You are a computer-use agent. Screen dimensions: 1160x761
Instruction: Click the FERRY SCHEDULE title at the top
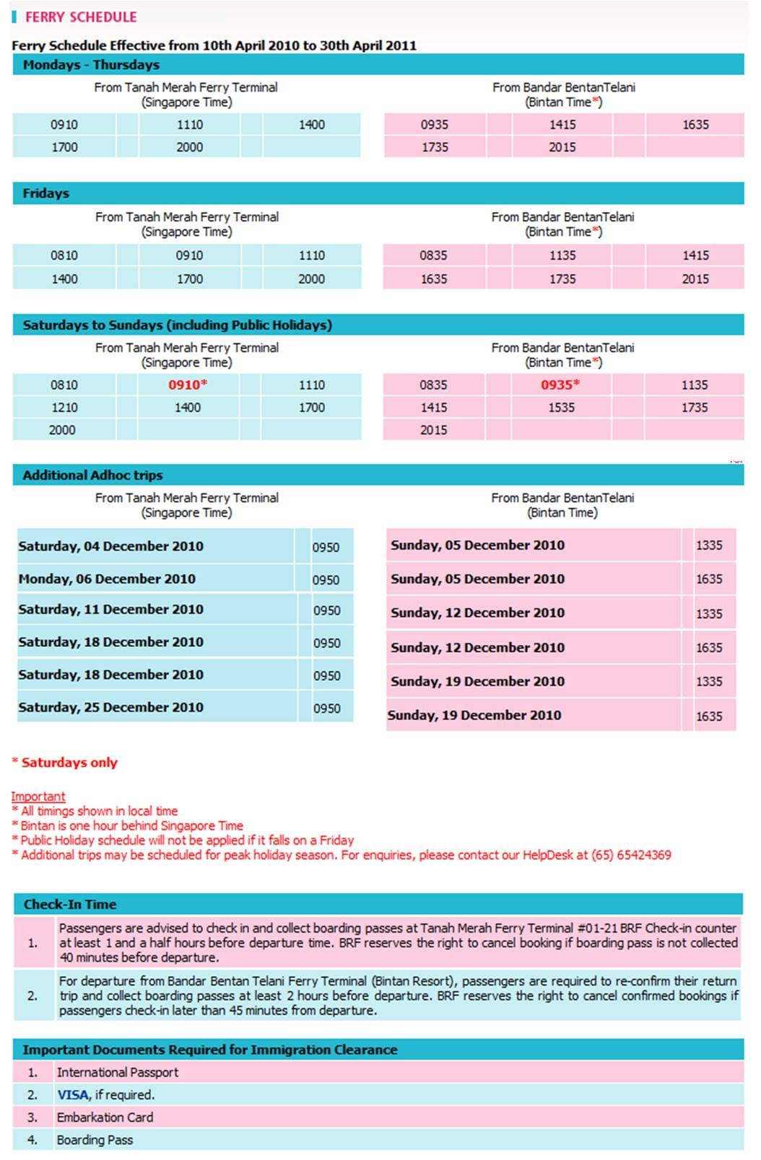(80, 17)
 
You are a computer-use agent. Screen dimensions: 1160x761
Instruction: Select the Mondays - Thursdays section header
(91, 65)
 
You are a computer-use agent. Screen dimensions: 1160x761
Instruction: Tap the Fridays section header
(45, 193)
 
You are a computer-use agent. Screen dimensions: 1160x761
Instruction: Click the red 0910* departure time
(188, 385)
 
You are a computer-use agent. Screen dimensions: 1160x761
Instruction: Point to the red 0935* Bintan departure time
(560, 385)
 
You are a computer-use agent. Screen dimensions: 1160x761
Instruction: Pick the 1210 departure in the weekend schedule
(64, 408)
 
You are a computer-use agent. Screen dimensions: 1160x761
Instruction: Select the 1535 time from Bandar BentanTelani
(561, 408)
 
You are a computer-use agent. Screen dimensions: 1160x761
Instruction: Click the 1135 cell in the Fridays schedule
(562, 255)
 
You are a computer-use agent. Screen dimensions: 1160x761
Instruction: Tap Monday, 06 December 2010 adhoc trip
(107, 579)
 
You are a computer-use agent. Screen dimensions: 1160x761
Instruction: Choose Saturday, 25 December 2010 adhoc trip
(110, 707)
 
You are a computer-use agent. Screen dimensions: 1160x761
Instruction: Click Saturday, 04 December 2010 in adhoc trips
(110, 546)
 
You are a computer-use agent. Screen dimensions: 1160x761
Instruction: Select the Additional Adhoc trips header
(92, 475)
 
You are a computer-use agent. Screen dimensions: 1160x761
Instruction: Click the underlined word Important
(38, 796)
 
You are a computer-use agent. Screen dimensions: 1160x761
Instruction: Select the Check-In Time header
(69, 905)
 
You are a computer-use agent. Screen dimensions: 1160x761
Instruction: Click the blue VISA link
(73, 1095)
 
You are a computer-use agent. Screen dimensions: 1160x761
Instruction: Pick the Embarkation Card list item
(105, 1117)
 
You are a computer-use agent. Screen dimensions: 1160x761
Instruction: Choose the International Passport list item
(117, 1073)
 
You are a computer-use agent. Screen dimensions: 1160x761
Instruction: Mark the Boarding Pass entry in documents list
(95, 1140)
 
